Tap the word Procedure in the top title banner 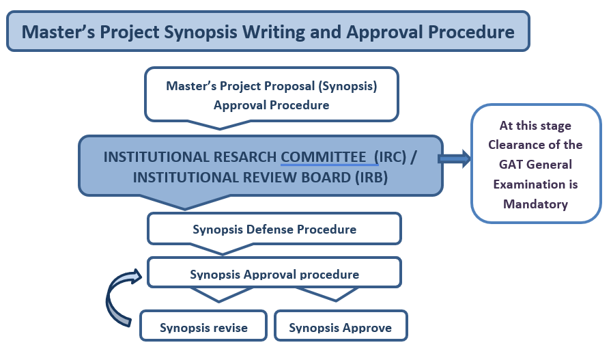[x=471, y=32]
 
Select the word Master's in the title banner [x=58, y=32]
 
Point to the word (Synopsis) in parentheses [x=348, y=86]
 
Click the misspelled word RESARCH [x=244, y=157]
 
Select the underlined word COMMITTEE [x=324, y=157]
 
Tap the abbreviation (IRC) [x=390, y=157]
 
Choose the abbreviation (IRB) [x=371, y=178]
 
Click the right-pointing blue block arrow [x=455, y=158]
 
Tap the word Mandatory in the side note [x=535, y=204]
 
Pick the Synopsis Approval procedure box [x=274, y=273]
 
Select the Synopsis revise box [x=203, y=326]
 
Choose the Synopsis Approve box [x=341, y=326]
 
